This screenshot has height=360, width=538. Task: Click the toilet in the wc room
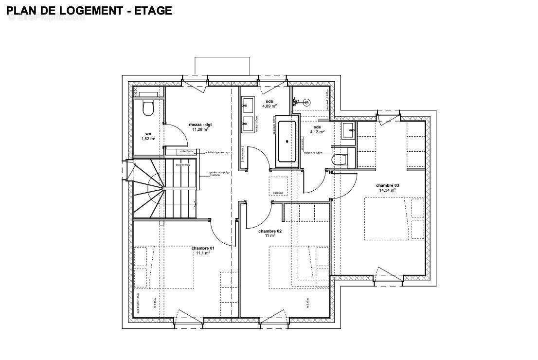[x=148, y=108]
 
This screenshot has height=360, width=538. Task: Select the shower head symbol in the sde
[x=306, y=102]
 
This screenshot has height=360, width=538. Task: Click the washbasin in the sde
[x=348, y=130]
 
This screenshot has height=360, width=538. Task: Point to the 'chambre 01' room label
[x=202, y=248]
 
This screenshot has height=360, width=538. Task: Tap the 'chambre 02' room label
[x=270, y=231]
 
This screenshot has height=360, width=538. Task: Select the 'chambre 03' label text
[x=387, y=185]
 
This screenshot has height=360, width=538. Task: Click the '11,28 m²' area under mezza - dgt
[x=201, y=130]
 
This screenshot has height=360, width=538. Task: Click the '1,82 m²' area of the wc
[x=148, y=139]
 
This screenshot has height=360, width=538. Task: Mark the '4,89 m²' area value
[x=269, y=106]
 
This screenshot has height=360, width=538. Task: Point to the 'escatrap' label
[x=278, y=193]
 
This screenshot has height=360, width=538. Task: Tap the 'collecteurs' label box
[x=186, y=151]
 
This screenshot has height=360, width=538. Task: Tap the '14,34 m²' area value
[x=387, y=190]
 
